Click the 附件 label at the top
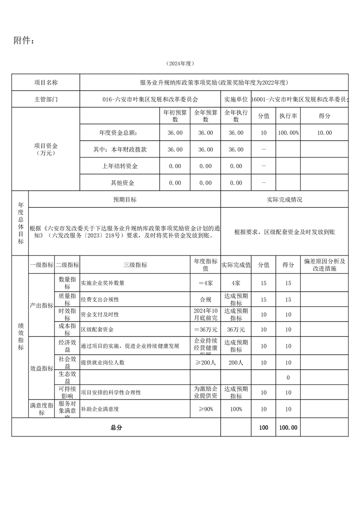tap(24, 41)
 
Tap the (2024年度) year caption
tap(180, 64)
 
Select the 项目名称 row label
tap(46, 83)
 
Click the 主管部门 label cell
tap(46, 99)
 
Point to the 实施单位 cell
tap(236, 99)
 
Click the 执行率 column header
tap(288, 116)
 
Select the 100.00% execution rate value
tap(288, 133)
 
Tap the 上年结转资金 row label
tap(120, 166)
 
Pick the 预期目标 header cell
tap(125, 200)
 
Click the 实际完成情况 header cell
tap(285, 200)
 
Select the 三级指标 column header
tap(135, 265)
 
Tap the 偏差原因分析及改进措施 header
tap(324, 265)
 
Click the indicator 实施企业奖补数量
tap(103, 283)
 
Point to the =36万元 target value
tap(205, 329)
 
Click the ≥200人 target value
tap(205, 362)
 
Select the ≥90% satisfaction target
tap(205, 409)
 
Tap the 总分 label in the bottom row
tap(116, 427)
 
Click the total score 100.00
tap(288, 427)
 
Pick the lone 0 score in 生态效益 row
tap(288, 377)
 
